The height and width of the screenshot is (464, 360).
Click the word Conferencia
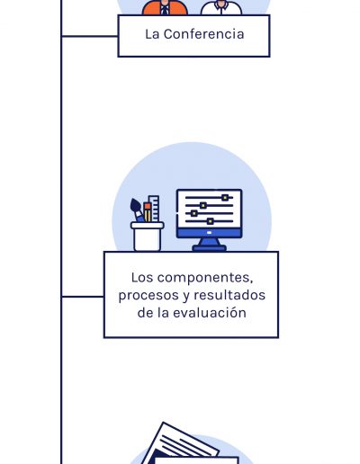pos(203,34)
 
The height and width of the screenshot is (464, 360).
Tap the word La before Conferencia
pos(152,34)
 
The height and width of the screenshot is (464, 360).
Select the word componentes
pos(205,278)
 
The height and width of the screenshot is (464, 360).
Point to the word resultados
pos(229,295)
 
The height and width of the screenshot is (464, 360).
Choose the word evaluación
pos(210,313)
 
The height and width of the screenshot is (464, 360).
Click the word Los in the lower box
pos(142,278)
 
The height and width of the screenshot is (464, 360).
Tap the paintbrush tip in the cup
pos(135,206)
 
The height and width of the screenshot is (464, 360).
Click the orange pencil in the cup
pos(148,212)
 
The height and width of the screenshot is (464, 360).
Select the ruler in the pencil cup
pos(155,209)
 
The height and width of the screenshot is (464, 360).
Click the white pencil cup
pos(147,236)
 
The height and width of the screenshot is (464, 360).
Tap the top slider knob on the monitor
pos(225,198)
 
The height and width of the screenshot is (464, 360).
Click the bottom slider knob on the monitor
pos(211,221)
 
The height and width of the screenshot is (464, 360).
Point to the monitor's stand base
pos(209,248)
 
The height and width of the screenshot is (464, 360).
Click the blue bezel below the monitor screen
pos(209,233)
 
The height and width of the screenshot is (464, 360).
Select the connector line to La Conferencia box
pos(90,36)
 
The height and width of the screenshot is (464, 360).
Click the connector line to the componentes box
pos(83,297)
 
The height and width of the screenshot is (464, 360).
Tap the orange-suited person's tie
pos(165,10)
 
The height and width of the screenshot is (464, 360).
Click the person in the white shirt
pos(221,7)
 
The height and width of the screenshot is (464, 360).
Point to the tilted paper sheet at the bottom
pos(180,443)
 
